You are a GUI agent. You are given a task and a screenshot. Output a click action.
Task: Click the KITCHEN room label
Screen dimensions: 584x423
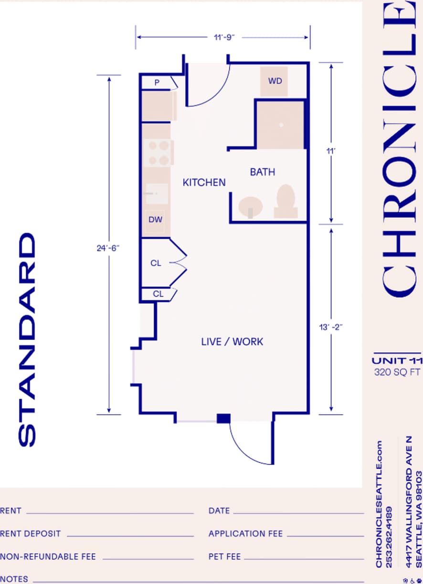point(204,182)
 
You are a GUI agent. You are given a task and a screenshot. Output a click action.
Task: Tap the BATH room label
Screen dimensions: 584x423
point(262,172)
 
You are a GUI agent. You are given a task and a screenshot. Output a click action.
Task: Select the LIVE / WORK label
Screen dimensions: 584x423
point(232,341)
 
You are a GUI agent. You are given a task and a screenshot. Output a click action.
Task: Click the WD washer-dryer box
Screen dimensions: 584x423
point(274,81)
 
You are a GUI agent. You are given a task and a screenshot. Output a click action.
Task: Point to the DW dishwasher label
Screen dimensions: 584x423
point(155,220)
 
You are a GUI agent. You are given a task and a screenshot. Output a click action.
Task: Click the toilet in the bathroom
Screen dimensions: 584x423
point(286,201)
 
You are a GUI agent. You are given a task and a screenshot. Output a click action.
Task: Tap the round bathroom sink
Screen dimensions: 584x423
point(251,207)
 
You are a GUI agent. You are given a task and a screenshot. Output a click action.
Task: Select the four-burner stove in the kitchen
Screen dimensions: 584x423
point(158,153)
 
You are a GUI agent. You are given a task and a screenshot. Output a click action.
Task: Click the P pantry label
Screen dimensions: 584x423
point(157,82)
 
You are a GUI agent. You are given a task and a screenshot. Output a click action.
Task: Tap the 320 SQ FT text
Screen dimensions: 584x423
point(397,372)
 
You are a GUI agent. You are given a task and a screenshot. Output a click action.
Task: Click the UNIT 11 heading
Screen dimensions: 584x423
point(397,361)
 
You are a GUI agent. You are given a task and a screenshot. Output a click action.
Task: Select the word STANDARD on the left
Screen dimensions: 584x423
point(27,339)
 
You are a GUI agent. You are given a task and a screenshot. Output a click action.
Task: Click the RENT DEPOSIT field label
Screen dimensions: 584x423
point(31,533)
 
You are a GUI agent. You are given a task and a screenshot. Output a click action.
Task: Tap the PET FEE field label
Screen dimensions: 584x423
point(224,556)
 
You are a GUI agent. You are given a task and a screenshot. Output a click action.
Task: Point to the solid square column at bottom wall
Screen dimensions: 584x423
point(223,419)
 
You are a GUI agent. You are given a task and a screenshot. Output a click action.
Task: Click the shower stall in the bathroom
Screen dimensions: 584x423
point(281,125)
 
